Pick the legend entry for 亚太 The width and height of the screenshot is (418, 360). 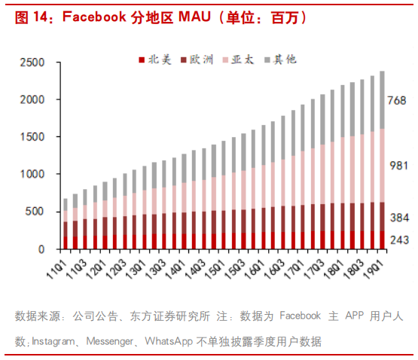236,58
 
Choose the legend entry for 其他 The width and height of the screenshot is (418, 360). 279,58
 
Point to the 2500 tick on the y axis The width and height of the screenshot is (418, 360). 32,63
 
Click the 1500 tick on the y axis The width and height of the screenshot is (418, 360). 32,137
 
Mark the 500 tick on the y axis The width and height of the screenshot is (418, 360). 35,212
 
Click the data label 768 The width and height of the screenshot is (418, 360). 397,101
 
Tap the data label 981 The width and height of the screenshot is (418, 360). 397,166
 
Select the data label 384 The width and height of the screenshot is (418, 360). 397,218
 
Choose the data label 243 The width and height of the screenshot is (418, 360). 397,240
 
